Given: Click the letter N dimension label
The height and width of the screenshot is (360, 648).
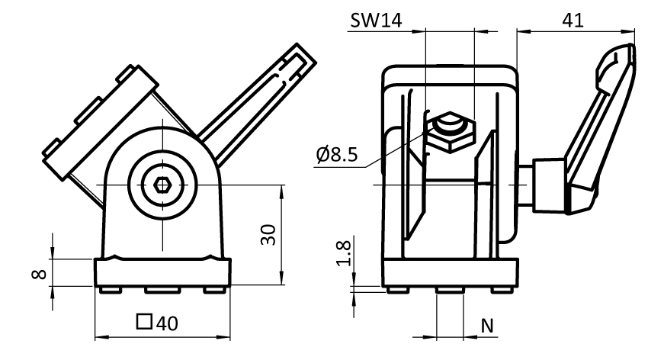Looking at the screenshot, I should (x=488, y=326).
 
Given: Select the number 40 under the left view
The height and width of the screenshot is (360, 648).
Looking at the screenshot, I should (x=167, y=323).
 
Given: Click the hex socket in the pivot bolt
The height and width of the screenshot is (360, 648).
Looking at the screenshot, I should (x=162, y=185).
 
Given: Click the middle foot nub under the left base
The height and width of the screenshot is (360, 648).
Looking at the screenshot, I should (x=162, y=290).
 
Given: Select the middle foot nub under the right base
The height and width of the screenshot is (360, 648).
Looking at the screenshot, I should (x=450, y=290).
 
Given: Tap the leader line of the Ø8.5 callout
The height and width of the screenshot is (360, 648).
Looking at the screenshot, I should (x=389, y=153).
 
